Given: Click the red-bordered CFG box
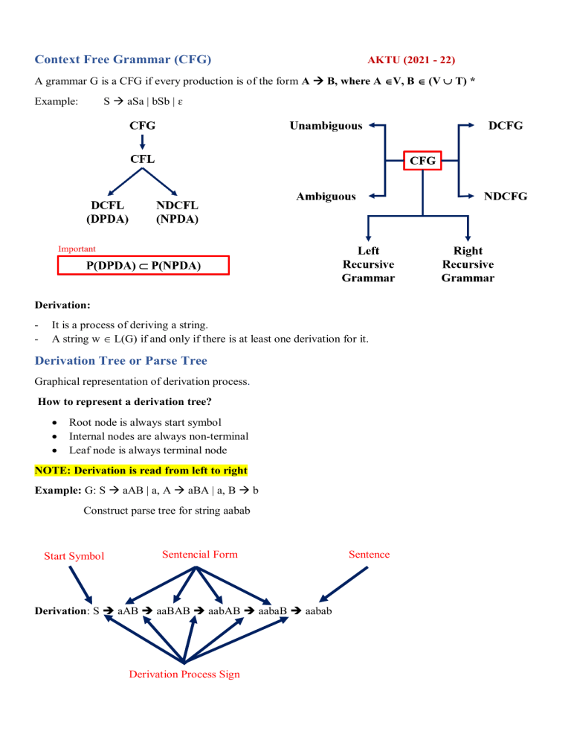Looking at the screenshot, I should pos(422,159).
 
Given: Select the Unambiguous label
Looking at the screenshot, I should pos(326,126).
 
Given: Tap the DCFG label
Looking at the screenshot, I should pos(505,126).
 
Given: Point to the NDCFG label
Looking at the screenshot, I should pos(505,197).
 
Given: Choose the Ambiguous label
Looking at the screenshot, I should pos(326,197).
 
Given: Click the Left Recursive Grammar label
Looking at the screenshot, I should pos(368,264).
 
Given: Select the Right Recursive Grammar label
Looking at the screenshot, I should pos(468,264).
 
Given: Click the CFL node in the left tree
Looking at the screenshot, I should pos(143,159).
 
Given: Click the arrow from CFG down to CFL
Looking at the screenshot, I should pos(143,141).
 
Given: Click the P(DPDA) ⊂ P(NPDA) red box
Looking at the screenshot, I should pos(143,266).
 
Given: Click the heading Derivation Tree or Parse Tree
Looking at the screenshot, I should pos(121,360).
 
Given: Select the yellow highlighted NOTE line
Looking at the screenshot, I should pos(141,471).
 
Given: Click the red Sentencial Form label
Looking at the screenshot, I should pos(199,554).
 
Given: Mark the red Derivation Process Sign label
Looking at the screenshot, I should pos(184,674).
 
